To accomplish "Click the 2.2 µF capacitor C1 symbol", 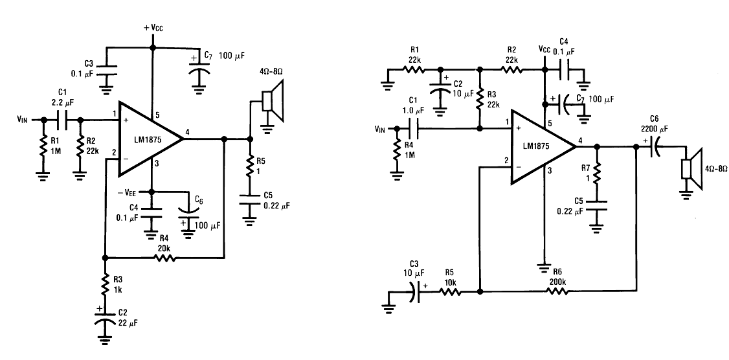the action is click(x=63, y=120).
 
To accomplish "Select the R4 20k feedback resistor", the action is click(x=166, y=257).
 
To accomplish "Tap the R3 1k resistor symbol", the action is click(x=105, y=285).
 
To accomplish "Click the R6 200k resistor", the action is click(x=557, y=291).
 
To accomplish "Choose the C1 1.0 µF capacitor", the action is click(x=415, y=128).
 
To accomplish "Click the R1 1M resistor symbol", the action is click(x=43, y=146).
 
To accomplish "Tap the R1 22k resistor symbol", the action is click(x=413, y=70).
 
